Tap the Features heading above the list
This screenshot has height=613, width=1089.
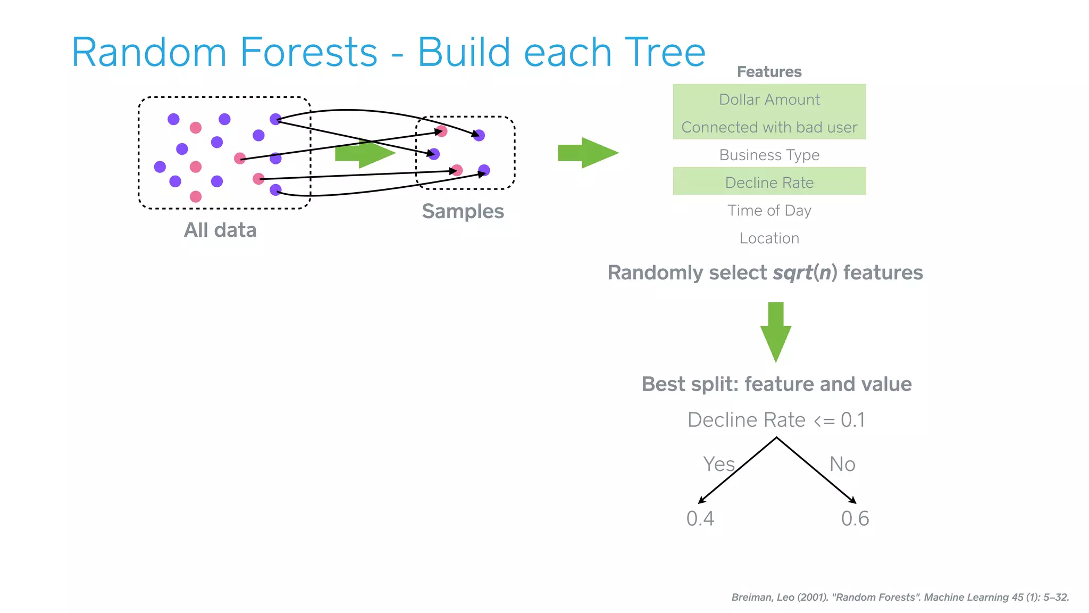769,72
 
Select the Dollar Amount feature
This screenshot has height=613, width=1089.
769,100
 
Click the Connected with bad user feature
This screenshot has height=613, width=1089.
769,127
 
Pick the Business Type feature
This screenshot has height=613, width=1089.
769,155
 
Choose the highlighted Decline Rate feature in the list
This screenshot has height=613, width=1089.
769,183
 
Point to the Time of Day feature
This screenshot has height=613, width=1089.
769,211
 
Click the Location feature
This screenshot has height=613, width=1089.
769,238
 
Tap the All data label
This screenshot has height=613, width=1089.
220,230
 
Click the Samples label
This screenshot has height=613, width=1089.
463,211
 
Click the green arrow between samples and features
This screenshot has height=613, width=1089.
588,153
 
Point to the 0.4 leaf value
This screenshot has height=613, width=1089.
700,518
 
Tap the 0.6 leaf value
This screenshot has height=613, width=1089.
855,518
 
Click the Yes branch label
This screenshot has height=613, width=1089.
718,464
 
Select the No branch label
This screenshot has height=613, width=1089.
842,464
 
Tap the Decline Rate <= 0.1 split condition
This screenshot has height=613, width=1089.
776,420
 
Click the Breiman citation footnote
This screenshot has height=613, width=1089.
900,597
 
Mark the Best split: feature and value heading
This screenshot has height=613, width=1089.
776,384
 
